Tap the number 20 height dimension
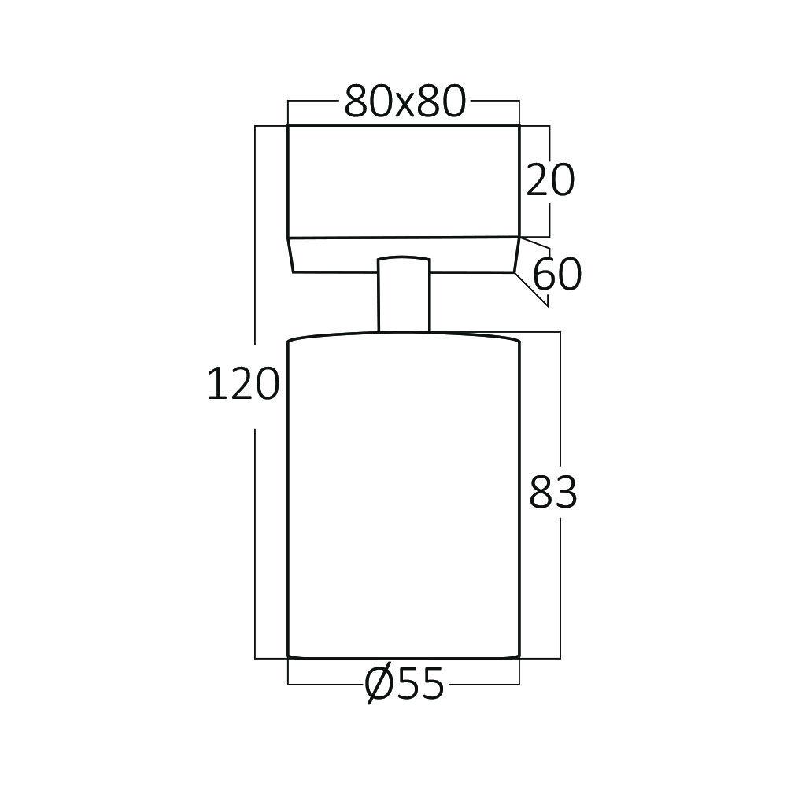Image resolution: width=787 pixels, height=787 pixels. coord(550,181)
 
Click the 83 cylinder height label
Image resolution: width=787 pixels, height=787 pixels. coord(552,493)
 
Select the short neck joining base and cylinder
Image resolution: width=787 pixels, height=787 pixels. coord(404,294)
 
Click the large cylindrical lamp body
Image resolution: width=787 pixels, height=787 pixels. coord(404,496)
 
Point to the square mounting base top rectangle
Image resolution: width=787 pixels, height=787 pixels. coord(404,181)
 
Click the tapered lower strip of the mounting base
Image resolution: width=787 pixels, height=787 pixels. coord(404,255)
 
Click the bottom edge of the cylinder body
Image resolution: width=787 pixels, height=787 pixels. coord(404,657)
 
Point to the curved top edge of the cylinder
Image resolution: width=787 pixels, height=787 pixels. coord(404,334)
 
